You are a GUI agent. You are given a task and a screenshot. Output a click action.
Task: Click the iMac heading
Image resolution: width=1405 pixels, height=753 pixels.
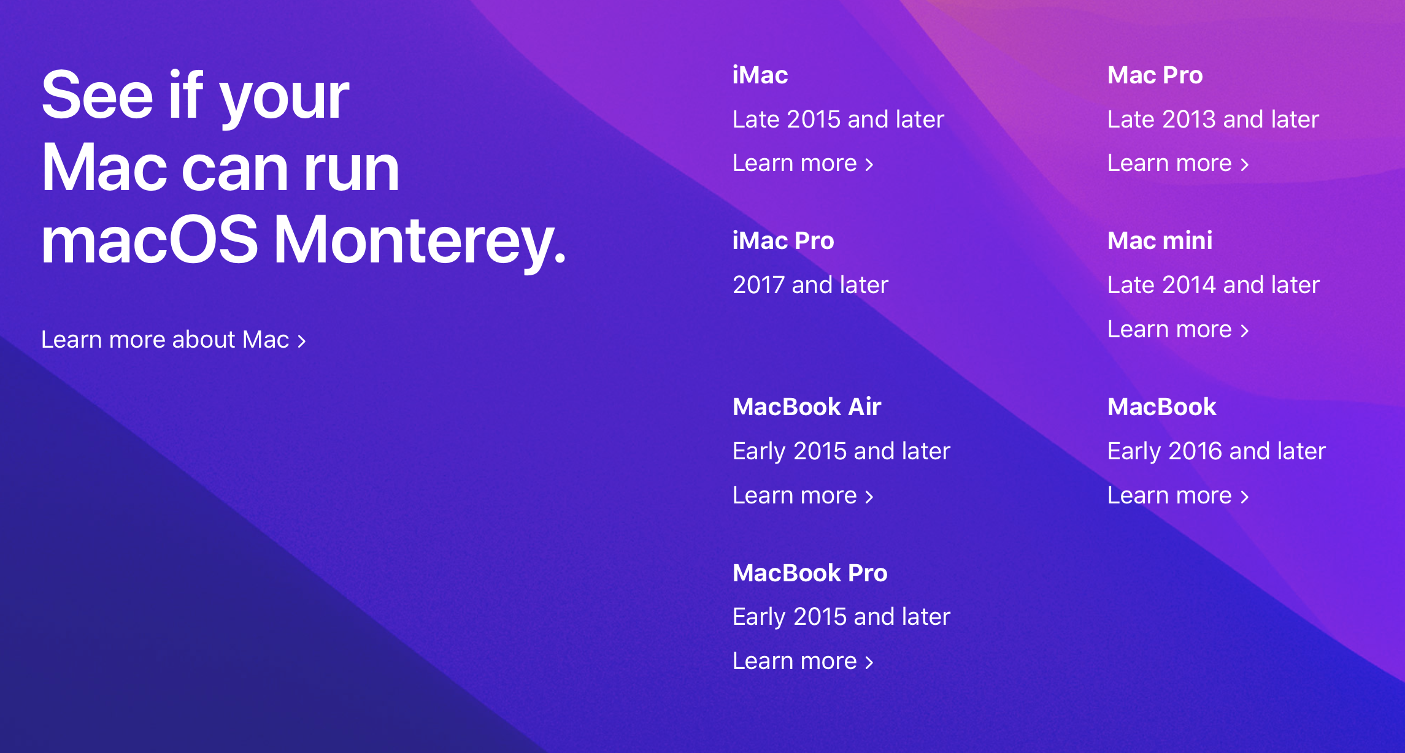[x=760, y=75]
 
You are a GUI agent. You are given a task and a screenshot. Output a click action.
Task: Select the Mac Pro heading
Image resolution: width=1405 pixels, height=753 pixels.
[x=1155, y=75]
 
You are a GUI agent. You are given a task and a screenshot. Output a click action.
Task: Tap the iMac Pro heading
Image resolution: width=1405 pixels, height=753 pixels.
[x=783, y=241]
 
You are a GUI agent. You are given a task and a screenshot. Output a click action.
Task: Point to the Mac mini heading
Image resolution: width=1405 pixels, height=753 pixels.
[x=1160, y=241]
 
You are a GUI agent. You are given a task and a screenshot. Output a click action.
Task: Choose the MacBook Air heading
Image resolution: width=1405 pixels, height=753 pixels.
[x=807, y=407]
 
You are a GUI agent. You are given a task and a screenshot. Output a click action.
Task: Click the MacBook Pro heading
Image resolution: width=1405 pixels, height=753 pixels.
[x=810, y=573]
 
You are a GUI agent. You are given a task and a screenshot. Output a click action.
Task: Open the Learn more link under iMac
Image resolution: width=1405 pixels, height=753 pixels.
[x=803, y=164]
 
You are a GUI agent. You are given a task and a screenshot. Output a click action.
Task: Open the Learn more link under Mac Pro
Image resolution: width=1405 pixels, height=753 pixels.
[x=1178, y=164]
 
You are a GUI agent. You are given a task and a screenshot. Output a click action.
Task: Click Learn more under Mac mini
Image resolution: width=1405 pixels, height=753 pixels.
[x=1178, y=330]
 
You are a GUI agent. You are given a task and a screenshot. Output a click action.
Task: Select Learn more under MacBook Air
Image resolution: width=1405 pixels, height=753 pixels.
[x=803, y=495]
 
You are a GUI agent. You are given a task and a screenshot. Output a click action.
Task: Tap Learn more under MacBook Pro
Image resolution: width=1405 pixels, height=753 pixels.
[x=803, y=661]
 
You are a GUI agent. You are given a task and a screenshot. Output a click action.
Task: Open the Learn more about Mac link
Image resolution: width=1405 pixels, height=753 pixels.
[x=173, y=340]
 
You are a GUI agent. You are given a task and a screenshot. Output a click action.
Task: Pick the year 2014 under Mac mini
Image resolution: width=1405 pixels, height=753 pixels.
[x=1189, y=285]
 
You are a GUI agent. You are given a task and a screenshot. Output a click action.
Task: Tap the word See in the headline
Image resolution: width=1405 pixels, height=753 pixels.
[x=97, y=96]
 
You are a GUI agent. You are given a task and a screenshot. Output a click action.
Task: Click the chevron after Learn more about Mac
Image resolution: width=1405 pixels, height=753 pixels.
[x=301, y=341]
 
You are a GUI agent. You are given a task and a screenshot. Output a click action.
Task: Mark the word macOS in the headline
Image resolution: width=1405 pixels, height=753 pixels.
[x=150, y=240]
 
